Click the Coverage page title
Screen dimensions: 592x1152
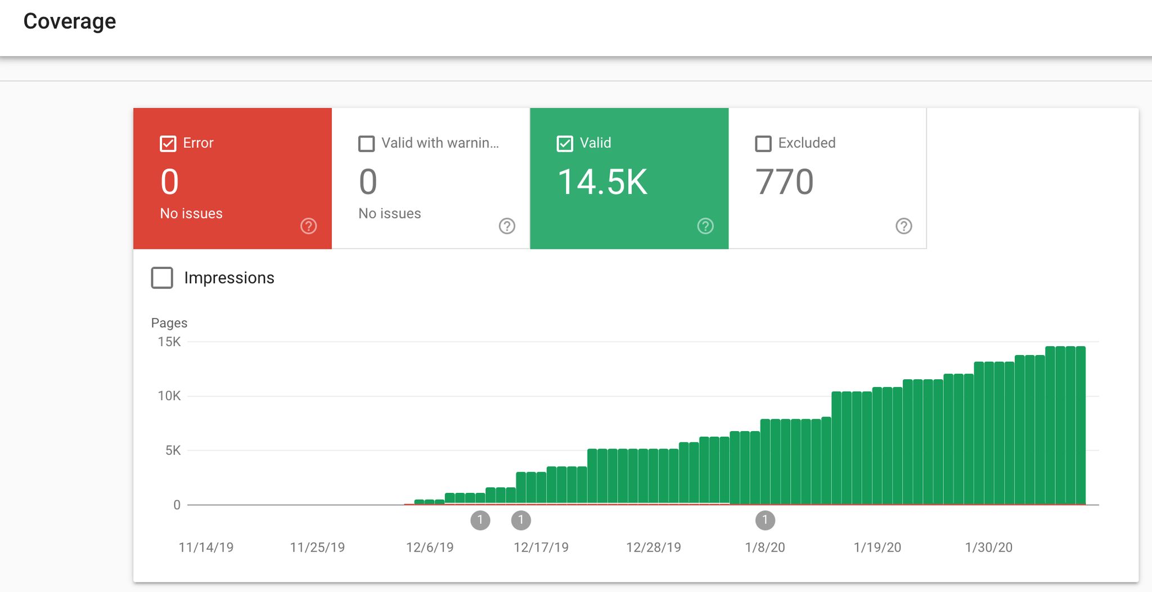click(69, 21)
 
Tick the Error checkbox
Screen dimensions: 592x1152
click(168, 143)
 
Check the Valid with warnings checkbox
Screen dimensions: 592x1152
click(366, 143)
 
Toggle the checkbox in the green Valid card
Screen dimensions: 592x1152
click(565, 143)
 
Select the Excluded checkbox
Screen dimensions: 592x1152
click(763, 143)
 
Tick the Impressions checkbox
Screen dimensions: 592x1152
click(162, 278)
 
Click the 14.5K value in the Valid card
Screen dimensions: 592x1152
click(602, 182)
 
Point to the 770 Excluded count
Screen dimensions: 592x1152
click(784, 182)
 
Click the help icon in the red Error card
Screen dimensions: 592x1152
click(308, 226)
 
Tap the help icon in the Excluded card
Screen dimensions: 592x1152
click(903, 226)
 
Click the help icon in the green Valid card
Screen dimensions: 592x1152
click(705, 226)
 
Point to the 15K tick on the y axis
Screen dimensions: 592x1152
click(169, 342)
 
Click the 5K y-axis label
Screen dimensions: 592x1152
click(173, 450)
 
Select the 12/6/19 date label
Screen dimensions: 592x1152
click(430, 547)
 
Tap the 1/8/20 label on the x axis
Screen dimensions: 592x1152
click(764, 547)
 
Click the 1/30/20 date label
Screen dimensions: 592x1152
click(988, 547)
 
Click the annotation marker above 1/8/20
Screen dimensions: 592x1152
click(765, 520)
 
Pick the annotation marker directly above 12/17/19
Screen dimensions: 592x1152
click(521, 520)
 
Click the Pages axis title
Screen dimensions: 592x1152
click(169, 323)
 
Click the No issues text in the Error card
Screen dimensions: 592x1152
click(191, 214)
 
